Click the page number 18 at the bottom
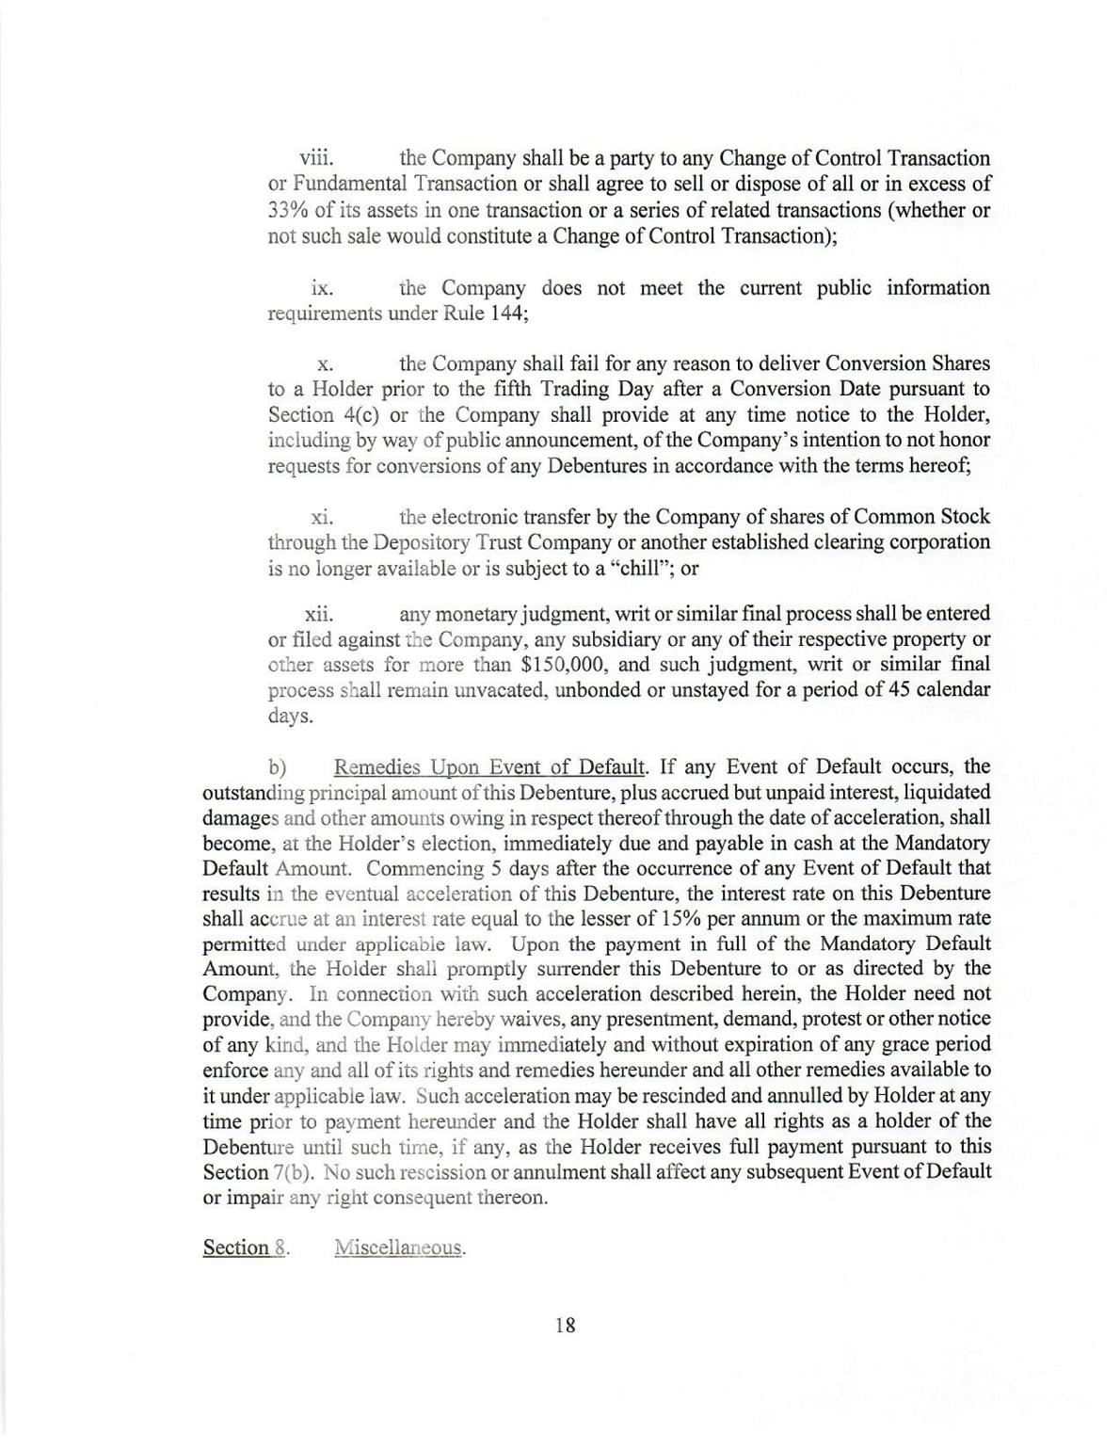565,1325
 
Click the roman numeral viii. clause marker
317,158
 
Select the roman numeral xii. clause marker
319,614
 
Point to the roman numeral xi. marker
324,517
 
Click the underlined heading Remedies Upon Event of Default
489,766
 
